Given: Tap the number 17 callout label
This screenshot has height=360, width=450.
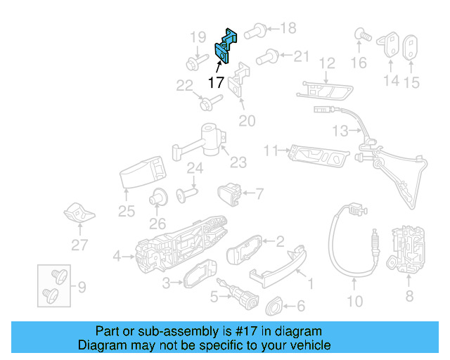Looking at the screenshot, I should [216, 82].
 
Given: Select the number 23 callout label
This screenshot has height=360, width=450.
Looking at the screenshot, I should [238, 163].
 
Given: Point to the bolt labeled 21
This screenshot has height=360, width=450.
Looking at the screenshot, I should [266, 56].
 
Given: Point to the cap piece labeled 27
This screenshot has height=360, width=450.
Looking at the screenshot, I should [79, 212].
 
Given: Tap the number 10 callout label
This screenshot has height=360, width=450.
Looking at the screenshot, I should [356, 302].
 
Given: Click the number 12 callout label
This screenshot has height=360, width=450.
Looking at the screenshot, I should [327, 64].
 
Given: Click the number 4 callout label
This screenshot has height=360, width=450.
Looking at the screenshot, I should [117, 255].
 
